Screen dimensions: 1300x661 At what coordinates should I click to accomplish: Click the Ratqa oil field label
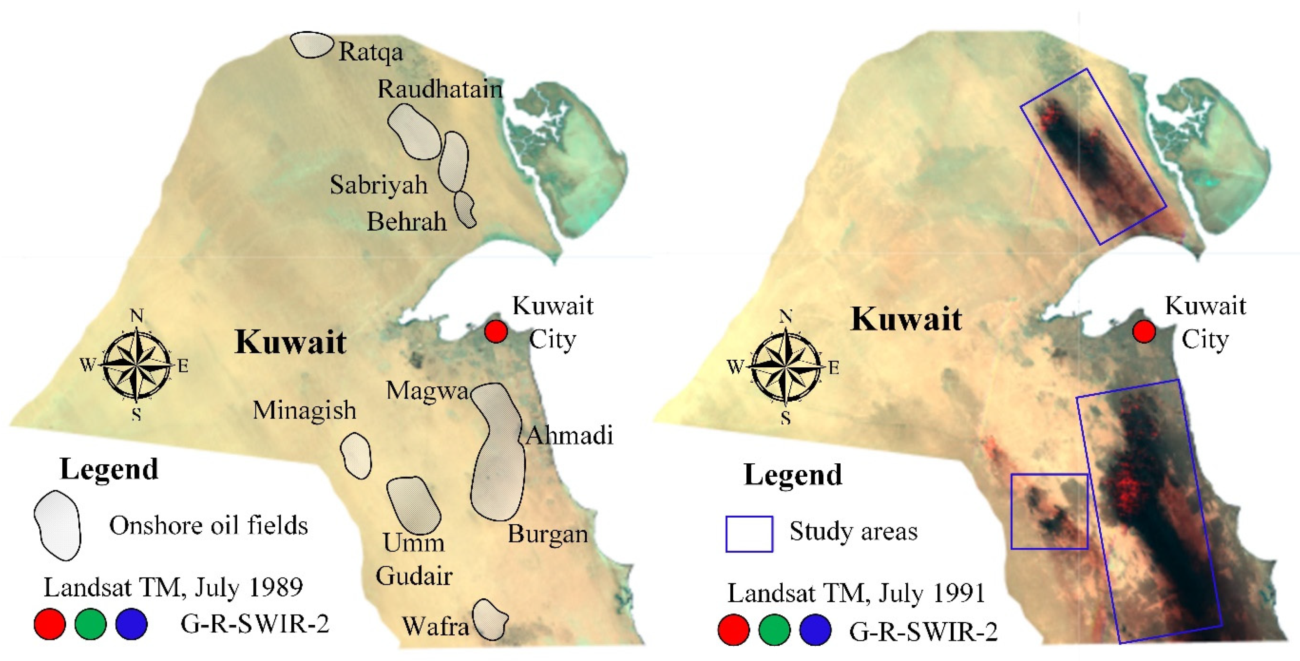pos(371,52)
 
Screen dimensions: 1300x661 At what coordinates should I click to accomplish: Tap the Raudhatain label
pos(440,89)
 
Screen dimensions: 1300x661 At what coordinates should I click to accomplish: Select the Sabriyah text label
pos(379,185)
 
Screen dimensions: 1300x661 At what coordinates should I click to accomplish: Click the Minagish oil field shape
pos(356,455)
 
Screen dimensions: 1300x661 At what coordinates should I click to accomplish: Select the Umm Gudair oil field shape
pos(413,506)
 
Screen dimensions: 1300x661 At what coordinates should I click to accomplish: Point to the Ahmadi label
pos(569,435)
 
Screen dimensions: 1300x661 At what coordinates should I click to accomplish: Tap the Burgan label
pos(547,534)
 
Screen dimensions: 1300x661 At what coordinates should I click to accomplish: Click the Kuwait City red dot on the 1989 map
pos(496,332)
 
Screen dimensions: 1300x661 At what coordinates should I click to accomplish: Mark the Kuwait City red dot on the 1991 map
pos(1143,332)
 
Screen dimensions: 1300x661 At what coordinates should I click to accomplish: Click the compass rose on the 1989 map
pos(136,364)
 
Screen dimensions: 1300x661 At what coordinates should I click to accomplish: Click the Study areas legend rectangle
pos(749,534)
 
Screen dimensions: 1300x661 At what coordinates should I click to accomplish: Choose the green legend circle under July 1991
pos(774,630)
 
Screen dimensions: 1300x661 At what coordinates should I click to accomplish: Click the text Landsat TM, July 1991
pos(856,593)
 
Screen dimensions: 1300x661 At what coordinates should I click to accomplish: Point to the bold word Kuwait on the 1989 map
pos(291,342)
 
